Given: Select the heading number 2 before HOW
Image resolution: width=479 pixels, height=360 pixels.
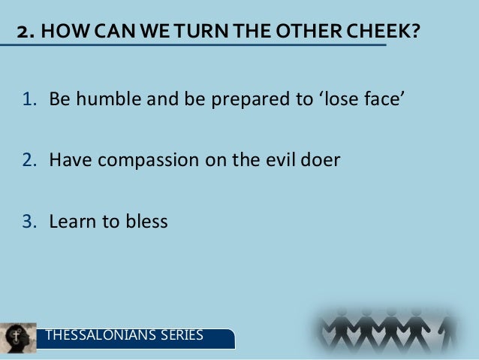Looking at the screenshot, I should pyautogui.click(x=23, y=34).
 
